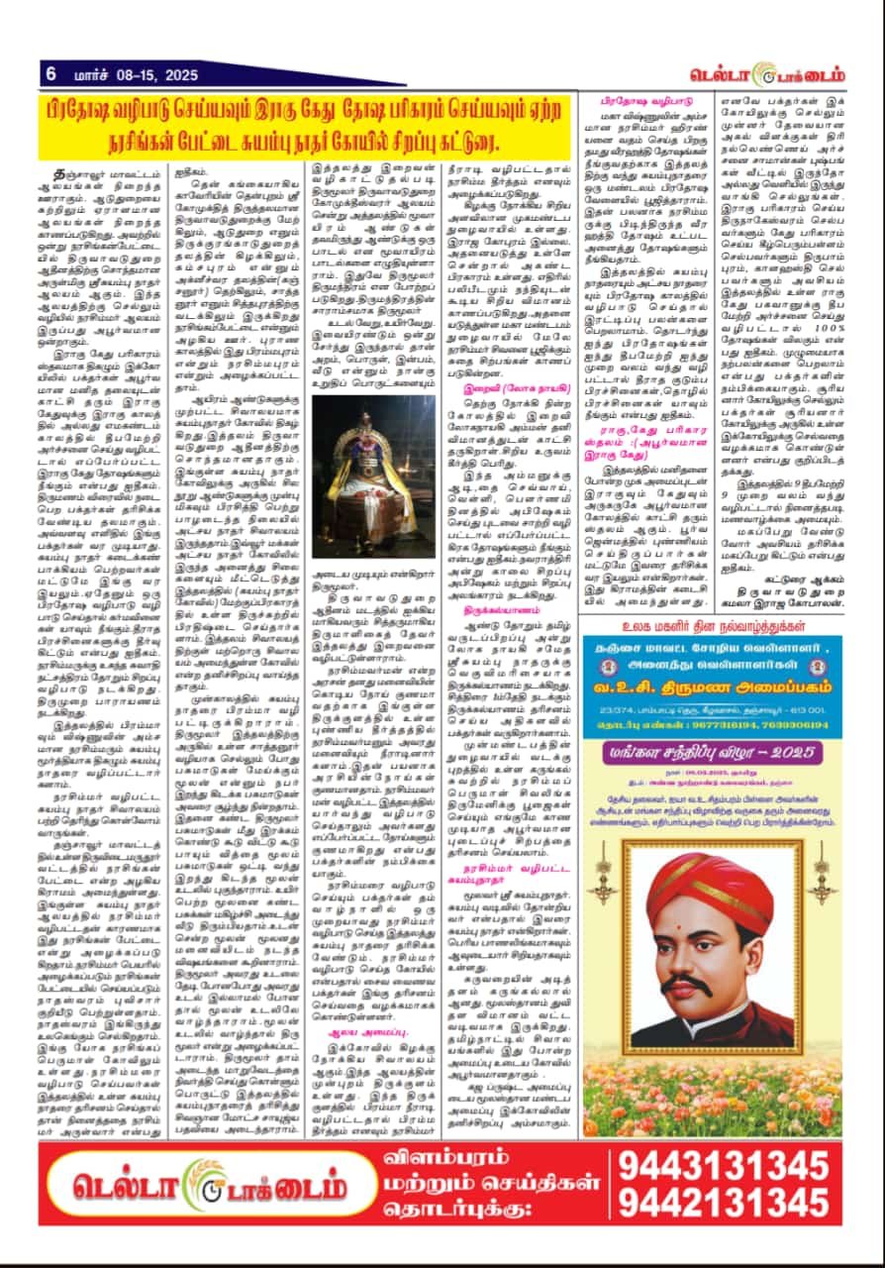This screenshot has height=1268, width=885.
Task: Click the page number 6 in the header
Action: (x=49, y=74)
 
